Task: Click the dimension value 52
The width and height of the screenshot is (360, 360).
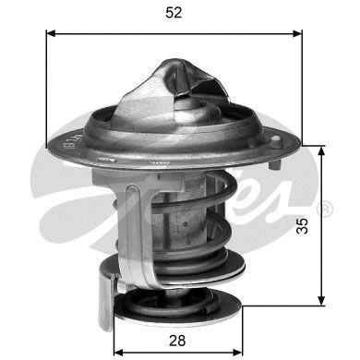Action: [x=174, y=13]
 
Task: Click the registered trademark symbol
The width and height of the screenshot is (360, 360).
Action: [x=325, y=210]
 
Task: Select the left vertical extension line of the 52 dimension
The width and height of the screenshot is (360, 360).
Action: [x=46, y=83]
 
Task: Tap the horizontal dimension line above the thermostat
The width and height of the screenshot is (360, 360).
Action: [x=174, y=32]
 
